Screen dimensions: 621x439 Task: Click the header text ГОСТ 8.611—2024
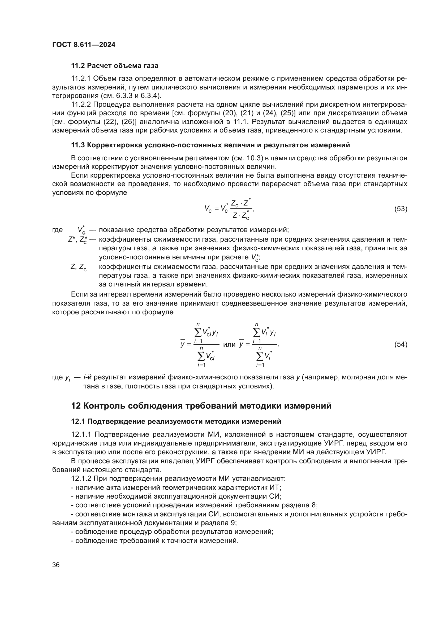pos(84,45)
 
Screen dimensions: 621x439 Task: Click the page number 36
pos(56,565)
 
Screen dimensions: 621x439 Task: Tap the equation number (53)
pos(401,209)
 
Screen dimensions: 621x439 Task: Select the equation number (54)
pos(401,344)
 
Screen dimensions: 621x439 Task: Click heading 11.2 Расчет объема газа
pos(115,66)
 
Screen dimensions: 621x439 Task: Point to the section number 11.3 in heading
pos(78,145)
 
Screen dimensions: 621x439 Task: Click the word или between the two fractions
pos(229,344)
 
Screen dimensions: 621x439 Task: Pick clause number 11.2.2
pos(81,104)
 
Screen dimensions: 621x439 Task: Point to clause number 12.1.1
pos(81,435)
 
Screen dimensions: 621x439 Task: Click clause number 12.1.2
pos(81,478)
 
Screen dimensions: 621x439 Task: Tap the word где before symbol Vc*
pos(57,230)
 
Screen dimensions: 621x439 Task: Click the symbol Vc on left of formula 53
pos(208,209)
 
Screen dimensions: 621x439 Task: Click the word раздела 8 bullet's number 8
pos(313,505)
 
